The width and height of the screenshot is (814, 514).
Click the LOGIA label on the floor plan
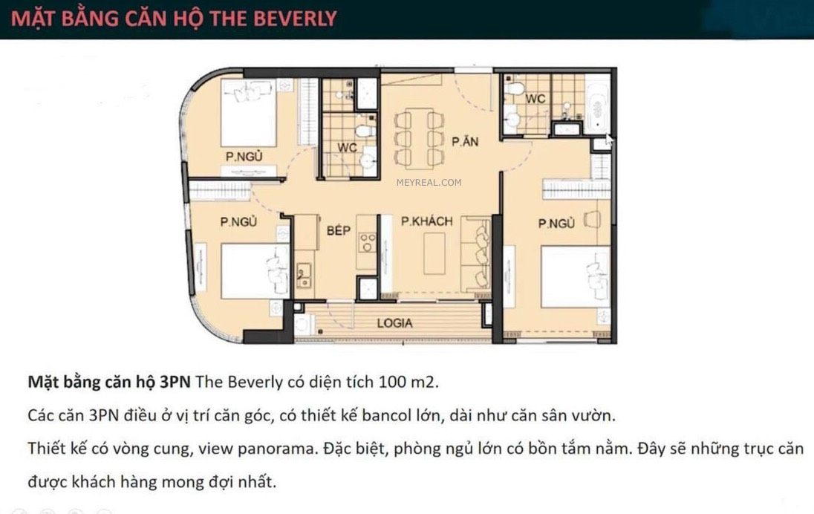click(394, 323)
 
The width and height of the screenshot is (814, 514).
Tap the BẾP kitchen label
click(338, 231)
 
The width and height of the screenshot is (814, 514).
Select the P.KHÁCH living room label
click(426, 221)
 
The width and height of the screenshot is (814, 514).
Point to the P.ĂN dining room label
click(465, 142)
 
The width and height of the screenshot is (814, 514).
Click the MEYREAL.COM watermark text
click(429, 182)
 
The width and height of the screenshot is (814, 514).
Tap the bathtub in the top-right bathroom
click(596, 108)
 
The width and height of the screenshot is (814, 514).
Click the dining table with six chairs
click(419, 137)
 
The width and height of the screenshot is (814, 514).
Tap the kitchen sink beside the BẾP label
click(303, 276)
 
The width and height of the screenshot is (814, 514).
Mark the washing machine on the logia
click(305, 325)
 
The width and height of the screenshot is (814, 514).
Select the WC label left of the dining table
click(347, 148)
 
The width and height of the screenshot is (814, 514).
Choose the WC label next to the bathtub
click(535, 99)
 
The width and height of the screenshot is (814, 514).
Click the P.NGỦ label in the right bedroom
click(557, 223)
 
